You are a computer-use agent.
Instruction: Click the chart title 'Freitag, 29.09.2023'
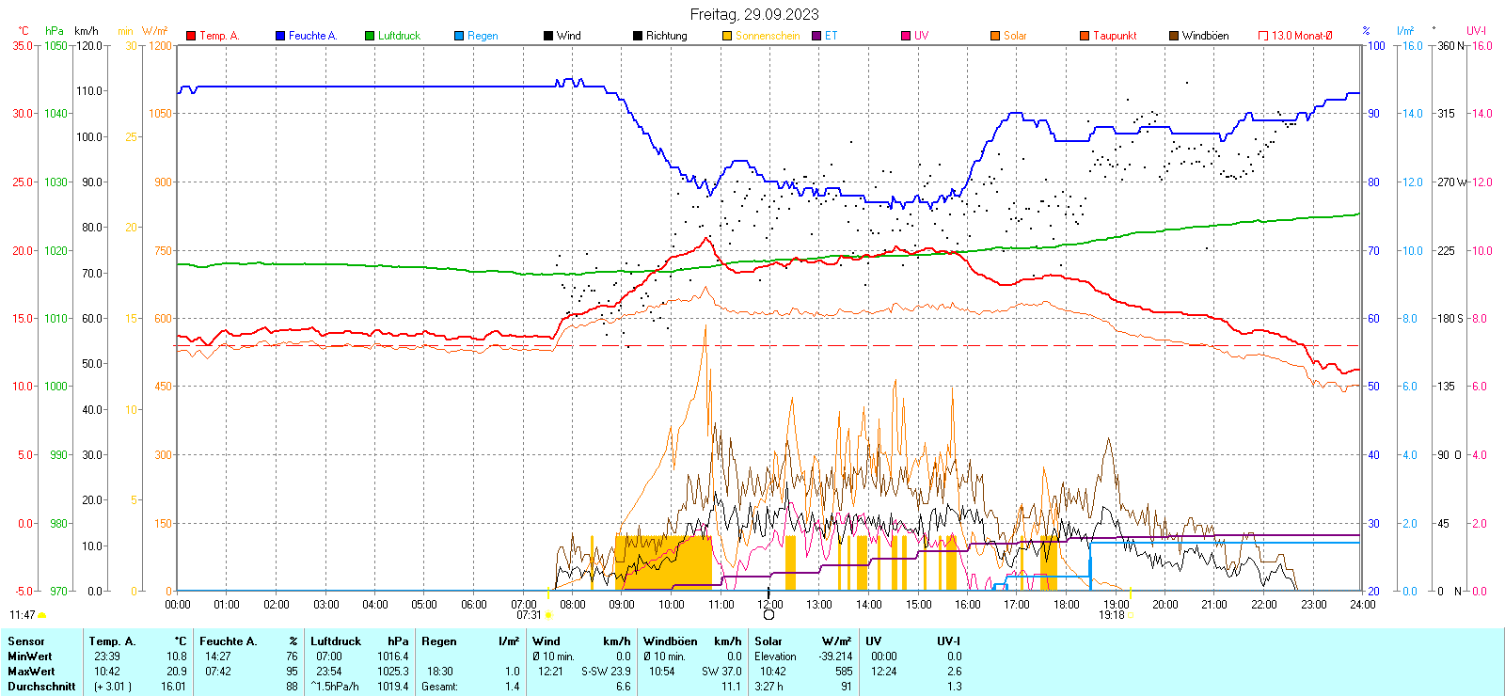[753, 14]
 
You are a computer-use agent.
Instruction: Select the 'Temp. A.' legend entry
[218, 36]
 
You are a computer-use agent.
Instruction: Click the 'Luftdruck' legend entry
[399, 36]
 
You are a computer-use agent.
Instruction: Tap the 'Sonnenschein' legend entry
[767, 36]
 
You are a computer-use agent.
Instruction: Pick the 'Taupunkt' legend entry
[1115, 36]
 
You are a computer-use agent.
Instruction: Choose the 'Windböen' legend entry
[1205, 36]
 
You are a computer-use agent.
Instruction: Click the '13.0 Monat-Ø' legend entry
[1302, 36]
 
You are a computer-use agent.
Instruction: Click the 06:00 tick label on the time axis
[474, 604]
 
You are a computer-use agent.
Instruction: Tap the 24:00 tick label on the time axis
[1362, 604]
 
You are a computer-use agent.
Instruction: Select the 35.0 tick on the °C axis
[22, 45]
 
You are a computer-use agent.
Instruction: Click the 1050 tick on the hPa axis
[55, 45]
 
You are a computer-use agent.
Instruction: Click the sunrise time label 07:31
[529, 615]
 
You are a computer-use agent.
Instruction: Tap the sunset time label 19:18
[1112, 615]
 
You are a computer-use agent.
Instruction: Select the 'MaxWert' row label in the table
[30, 672]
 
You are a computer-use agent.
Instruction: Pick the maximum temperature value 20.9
[176, 672]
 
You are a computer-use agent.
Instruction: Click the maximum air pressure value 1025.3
[393, 672]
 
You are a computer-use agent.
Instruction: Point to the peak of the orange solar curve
[705, 326]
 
